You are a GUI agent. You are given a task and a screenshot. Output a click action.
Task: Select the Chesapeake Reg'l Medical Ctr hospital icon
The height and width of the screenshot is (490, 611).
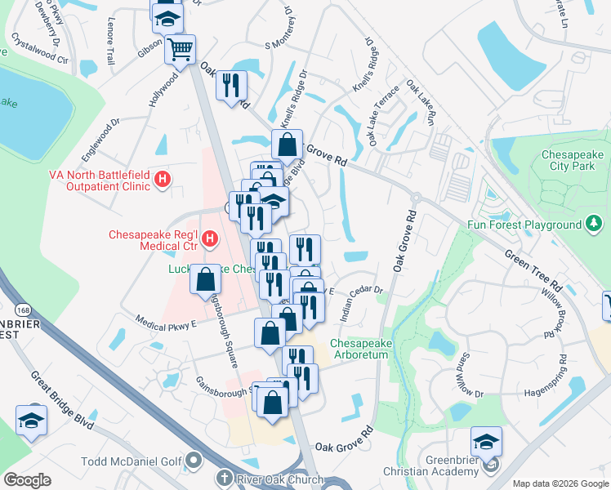click(x=210, y=238)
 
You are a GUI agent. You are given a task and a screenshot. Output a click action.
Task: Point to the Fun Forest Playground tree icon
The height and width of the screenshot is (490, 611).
click(x=594, y=223)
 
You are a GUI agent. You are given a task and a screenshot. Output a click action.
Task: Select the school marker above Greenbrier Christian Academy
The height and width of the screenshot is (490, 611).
click(x=486, y=441)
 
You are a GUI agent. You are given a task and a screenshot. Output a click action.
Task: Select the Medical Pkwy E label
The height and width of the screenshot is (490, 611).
click(x=167, y=323)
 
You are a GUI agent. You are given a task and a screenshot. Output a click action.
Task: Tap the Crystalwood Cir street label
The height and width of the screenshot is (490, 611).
click(x=39, y=48)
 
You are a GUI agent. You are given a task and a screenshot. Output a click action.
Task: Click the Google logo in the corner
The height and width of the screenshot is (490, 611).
click(x=28, y=480)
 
